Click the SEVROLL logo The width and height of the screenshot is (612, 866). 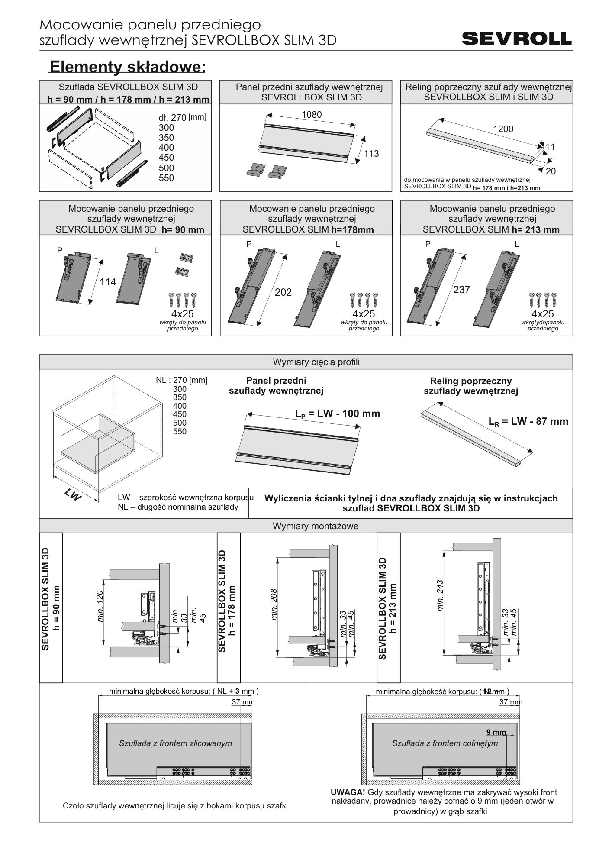517,39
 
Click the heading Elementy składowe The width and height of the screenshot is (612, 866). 127,67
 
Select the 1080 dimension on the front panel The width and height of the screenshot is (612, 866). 312,114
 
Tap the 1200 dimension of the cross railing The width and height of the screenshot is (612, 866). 503,129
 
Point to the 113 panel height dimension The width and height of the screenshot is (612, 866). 371,153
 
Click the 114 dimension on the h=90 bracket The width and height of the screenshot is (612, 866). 108,282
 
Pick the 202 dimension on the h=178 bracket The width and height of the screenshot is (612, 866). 283,292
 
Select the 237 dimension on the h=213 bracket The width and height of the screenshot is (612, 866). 461,290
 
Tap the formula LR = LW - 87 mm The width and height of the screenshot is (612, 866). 528,421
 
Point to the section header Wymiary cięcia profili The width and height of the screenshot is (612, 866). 316,362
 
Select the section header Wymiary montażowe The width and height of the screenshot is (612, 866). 316,526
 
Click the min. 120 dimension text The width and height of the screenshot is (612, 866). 101,606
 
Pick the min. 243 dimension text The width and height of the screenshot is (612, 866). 441,596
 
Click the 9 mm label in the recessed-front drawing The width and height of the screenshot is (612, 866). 496,732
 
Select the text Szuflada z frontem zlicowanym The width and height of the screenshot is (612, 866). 176,743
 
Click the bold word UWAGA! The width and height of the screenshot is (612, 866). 348,792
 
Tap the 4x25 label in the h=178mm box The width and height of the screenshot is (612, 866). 364,313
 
